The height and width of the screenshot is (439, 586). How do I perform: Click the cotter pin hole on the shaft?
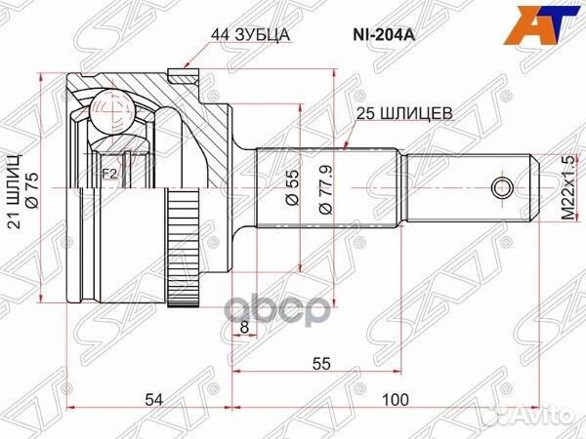pyautogui.click(x=501, y=186)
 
